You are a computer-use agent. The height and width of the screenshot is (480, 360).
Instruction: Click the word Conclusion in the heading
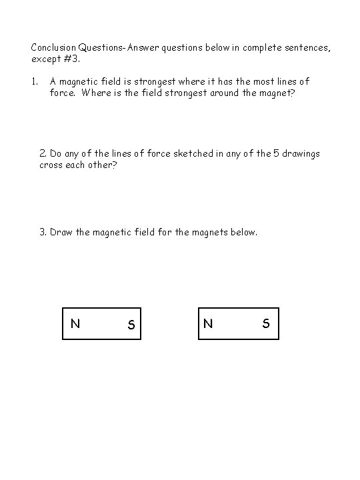[x=53, y=48]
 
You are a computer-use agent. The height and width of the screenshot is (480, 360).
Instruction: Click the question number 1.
[x=34, y=81]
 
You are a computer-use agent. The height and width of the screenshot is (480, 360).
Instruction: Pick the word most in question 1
[x=256, y=81]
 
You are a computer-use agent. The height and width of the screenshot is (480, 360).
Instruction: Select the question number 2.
[x=43, y=153]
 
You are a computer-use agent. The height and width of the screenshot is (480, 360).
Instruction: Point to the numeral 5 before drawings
[x=275, y=153]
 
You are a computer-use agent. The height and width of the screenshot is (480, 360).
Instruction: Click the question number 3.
[x=43, y=232]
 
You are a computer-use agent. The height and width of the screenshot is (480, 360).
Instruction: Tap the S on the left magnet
[x=131, y=325]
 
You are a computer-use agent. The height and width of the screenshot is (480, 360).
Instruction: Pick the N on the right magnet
[x=209, y=324]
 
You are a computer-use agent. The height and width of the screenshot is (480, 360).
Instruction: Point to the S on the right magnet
[x=266, y=324]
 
